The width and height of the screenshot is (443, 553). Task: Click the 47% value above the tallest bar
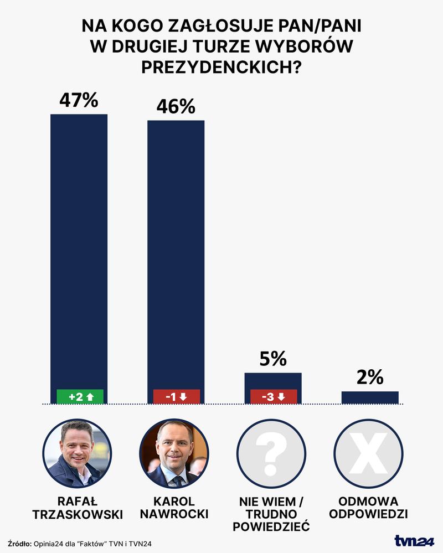click(x=79, y=101)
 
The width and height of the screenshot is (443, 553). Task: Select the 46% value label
click(x=176, y=106)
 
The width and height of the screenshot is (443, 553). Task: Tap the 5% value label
click(x=273, y=359)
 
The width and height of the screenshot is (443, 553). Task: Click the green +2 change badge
click(x=80, y=396)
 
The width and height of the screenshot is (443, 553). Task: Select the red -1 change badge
click(x=176, y=396)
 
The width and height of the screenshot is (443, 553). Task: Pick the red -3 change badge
click(x=272, y=396)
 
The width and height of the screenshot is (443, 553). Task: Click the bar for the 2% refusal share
click(x=370, y=397)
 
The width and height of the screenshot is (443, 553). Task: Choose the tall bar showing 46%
click(x=176, y=249)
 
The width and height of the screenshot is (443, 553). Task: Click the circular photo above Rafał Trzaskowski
click(x=78, y=453)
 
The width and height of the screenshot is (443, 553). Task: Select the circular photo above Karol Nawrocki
click(x=174, y=453)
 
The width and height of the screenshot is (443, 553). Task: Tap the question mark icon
click(x=271, y=453)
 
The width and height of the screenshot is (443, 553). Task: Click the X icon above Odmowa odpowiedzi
click(x=368, y=453)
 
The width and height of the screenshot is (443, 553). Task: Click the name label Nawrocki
click(x=174, y=514)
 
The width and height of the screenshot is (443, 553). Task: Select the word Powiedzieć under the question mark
click(x=271, y=526)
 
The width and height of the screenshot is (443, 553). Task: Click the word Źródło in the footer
click(x=20, y=544)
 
